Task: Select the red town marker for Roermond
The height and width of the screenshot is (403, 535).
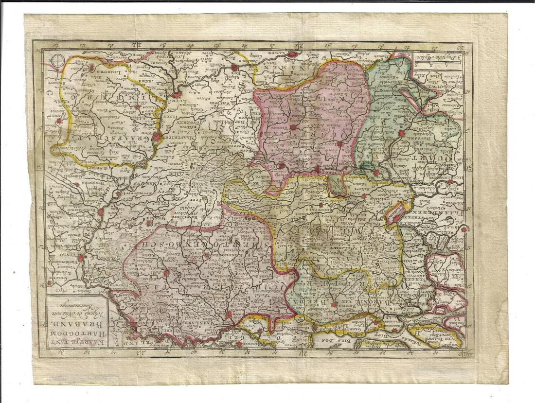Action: pyautogui.click(x=100, y=212)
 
